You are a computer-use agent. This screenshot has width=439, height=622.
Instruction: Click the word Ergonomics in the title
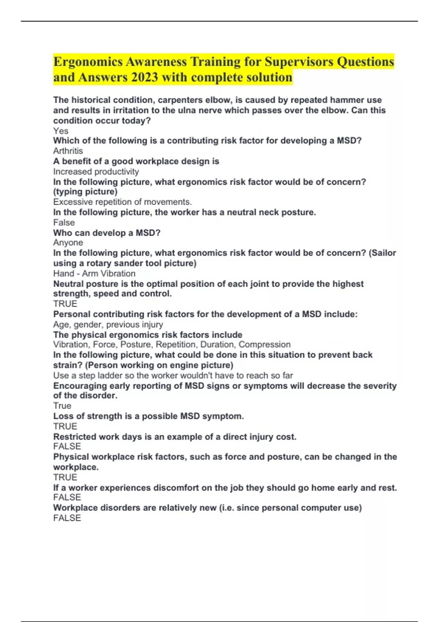click(88, 61)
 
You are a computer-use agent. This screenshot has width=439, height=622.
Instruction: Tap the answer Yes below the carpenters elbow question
click(61, 131)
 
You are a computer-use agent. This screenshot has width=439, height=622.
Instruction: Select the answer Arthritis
click(68, 151)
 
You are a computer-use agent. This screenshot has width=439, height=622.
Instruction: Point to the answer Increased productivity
click(96, 172)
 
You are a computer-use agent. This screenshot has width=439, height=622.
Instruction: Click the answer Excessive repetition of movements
click(122, 202)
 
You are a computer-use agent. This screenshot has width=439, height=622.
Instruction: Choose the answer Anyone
click(68, 242)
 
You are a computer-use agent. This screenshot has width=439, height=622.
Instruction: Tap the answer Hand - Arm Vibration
click(94, 273)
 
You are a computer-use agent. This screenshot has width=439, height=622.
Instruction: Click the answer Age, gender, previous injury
click(108, 324)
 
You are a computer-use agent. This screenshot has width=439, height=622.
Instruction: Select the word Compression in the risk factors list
click(264, 344)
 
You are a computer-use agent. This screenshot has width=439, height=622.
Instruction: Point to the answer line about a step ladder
click(173, 375)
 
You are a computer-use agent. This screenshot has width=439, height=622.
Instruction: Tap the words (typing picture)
click(85, 191)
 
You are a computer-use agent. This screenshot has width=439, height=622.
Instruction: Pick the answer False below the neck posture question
click(64, 222)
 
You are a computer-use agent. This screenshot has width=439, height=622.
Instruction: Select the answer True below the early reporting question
click(62, 405)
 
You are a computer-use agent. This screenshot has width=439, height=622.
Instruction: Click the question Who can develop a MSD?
click(106, 233)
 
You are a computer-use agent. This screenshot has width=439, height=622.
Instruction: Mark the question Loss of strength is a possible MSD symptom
click(148, 416)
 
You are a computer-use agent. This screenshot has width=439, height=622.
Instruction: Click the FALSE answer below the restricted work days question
click(67, 446)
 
